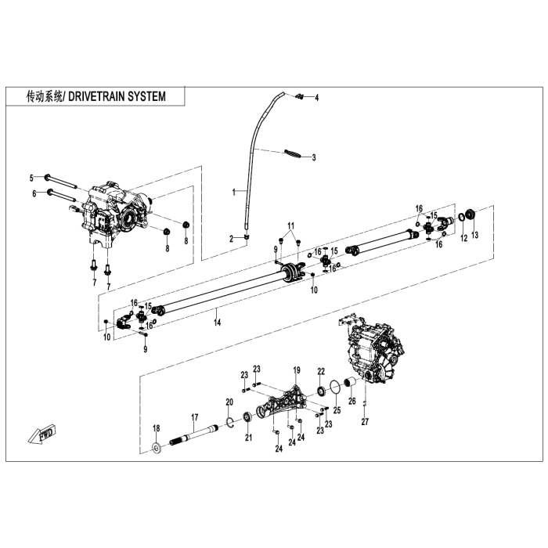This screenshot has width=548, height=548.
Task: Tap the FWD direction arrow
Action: pyautogui.click(x=38, y=436)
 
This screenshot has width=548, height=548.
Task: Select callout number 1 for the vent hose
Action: pyautogui.click(x=233, y=191)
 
